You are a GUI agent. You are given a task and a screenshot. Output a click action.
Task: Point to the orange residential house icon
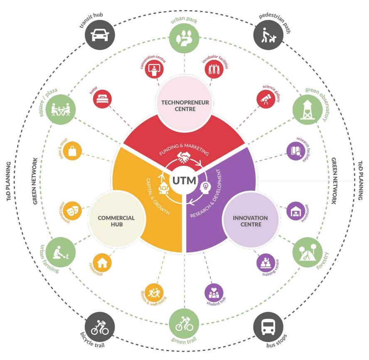pyautogui.click(x=102, y=262)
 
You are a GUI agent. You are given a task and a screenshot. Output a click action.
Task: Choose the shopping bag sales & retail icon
pyautogui.click(x=73, y=150)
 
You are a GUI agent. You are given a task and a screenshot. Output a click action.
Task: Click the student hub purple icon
pyautogui.click(x=214, y=292)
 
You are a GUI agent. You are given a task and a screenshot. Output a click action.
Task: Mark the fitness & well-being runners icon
pyautogui.click(x=154, y=293)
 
